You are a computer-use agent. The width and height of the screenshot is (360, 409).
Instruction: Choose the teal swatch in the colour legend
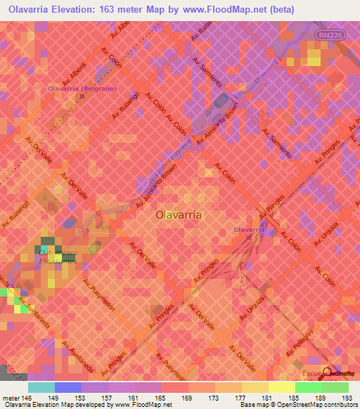[x=41, y=387]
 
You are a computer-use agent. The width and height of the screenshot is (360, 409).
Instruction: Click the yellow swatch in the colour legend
[x=281, y=387]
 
